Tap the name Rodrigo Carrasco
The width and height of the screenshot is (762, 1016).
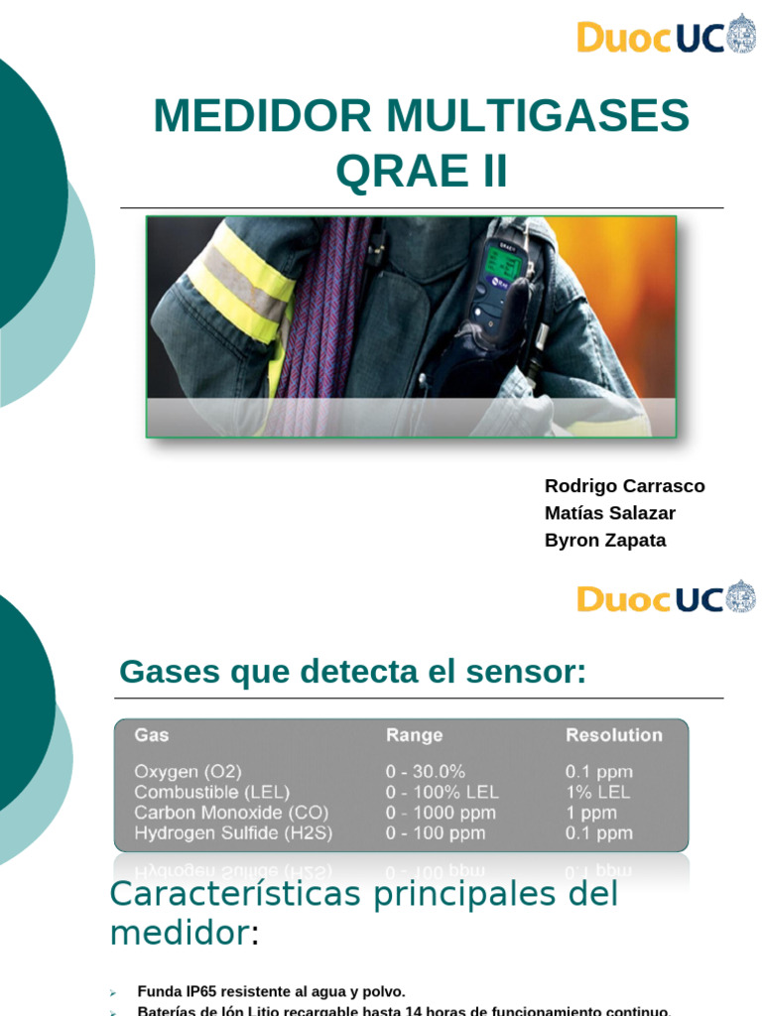click(x=624, y=486)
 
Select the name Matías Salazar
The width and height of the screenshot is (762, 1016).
click(x=609, y=513)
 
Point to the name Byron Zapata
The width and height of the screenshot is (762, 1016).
click(x=605, y=541)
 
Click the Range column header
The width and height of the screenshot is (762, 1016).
click(x=414, y=735)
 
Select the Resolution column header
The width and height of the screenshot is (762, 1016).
click(x=613, y=735)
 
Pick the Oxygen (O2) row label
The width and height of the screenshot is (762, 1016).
click(x=188, y=772)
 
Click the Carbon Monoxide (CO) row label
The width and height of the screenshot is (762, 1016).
click(x=231, y=813)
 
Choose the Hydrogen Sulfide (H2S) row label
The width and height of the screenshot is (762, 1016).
click(x=233, y=833)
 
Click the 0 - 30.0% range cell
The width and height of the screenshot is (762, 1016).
click(x=425, y=772)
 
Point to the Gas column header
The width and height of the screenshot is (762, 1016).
click(x=152, y=735)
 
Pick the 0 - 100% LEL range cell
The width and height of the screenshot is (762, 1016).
click(x=442, y=792)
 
